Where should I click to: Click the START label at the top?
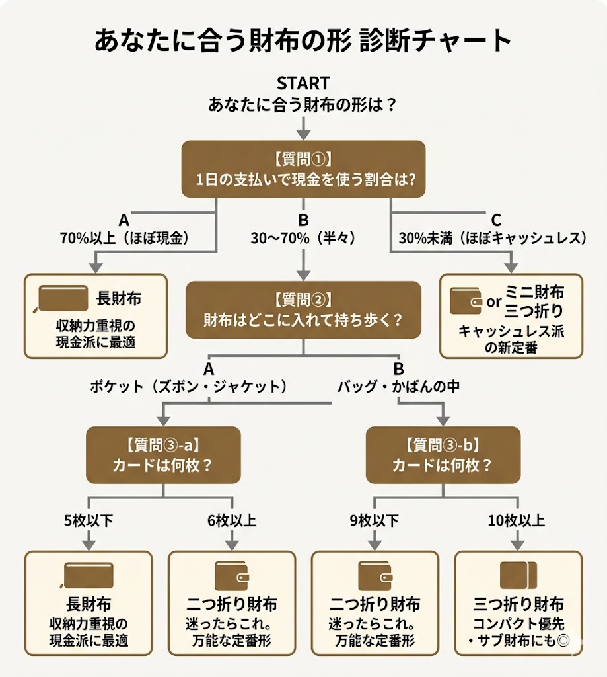[303, 83]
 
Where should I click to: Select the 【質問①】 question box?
[303, 169]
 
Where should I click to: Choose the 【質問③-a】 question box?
[163, 454]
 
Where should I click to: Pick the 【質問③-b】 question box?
[443, 454]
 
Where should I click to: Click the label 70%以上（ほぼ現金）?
[125, 239]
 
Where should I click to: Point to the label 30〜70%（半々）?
[303, 239]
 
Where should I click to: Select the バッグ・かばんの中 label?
[398, 387]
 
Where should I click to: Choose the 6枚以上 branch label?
[232, 521]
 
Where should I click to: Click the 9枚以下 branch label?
[374, 521]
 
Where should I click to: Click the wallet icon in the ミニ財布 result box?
[466, 301]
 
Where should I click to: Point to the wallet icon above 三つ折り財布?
[518, 575]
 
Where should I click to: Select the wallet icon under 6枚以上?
[232, 575]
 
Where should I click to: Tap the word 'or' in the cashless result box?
[494, 302]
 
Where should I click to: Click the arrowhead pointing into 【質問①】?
[303, 134]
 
